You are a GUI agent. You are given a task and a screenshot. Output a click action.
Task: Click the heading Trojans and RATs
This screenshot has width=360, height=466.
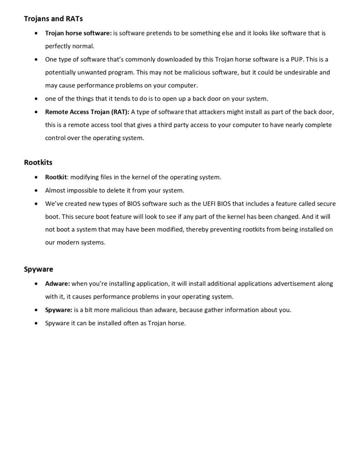53,19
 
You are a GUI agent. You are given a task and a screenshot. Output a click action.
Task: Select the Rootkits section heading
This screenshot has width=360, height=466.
39,162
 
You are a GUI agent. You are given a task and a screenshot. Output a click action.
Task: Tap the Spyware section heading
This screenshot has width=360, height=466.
39,269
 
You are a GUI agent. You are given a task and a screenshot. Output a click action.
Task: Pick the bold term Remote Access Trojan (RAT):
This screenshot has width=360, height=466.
87,112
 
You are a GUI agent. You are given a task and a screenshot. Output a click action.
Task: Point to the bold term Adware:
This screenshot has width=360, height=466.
57,284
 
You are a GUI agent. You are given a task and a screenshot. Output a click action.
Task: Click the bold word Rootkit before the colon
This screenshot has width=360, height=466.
56,177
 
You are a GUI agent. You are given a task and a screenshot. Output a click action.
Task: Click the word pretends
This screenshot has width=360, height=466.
159,33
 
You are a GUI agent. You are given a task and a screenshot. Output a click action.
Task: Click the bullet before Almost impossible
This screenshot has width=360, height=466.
36,190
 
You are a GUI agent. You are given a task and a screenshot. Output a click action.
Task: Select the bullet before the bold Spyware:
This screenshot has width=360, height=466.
36,310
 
